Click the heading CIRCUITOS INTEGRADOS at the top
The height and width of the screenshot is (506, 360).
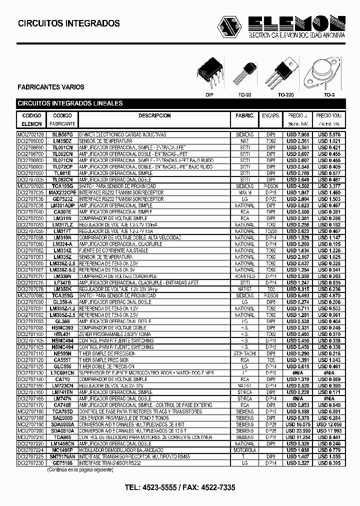click(x=69, y=23)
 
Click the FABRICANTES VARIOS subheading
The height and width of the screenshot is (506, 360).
click(x=51, y=87)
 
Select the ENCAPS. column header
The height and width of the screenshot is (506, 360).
click(x=270, y=115)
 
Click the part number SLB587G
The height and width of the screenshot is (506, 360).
click(x=62, y=134)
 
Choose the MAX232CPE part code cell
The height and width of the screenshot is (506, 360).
click(x=62, y=192)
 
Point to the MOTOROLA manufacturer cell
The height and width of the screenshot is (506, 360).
click(x=244, y=449)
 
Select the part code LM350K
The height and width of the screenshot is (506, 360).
click(x=62, y=289)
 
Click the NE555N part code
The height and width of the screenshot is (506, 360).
click(x=62, y=353)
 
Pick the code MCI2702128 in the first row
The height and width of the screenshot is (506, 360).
click(x=31, y=134)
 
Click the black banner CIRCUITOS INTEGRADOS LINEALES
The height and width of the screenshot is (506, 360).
click(x=70, y=103)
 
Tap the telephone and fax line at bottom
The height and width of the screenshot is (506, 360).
click(x=179, y=487)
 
